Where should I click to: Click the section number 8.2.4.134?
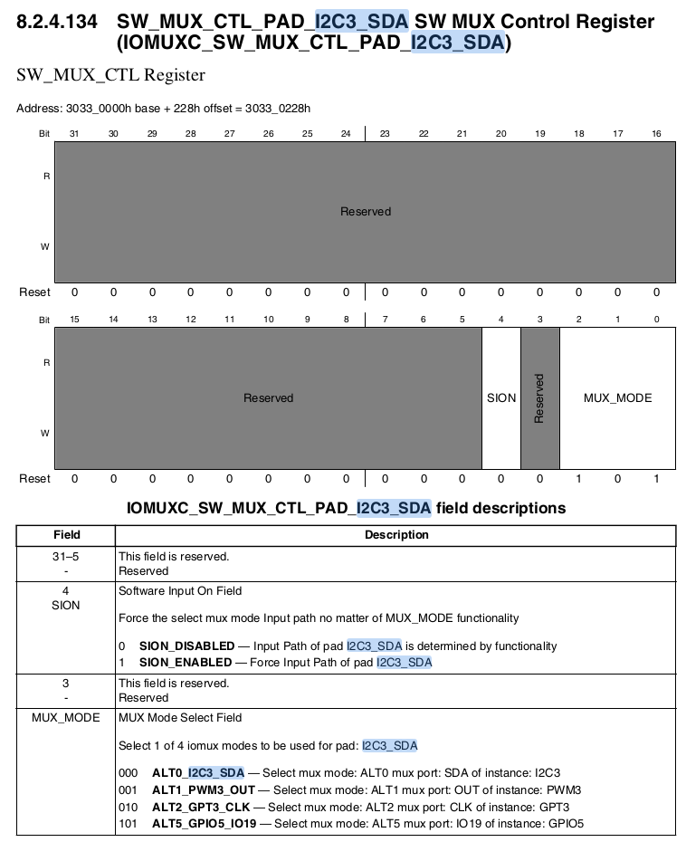[56, 21]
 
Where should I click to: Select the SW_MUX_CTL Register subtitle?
[110, 75]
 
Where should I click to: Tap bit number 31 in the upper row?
[74, 134]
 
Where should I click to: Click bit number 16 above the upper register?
[656, 134]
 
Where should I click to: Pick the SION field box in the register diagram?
[501, 397]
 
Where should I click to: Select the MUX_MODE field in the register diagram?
[617, 397]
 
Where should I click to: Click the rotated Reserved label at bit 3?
[539, 397]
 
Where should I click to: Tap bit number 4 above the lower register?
[501, 320]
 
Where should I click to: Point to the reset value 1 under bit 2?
[578, 478]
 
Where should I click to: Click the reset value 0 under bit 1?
[617, 478]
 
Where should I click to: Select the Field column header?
[66, 535]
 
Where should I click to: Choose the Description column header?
[396, 535]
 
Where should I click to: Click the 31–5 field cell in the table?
[66, 557]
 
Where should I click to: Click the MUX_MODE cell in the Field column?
[66, 718]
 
